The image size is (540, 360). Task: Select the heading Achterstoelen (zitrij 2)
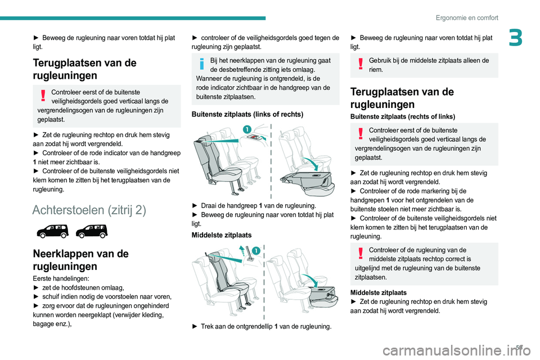click(89, 210)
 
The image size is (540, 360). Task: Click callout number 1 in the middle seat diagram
click(255, 250)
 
